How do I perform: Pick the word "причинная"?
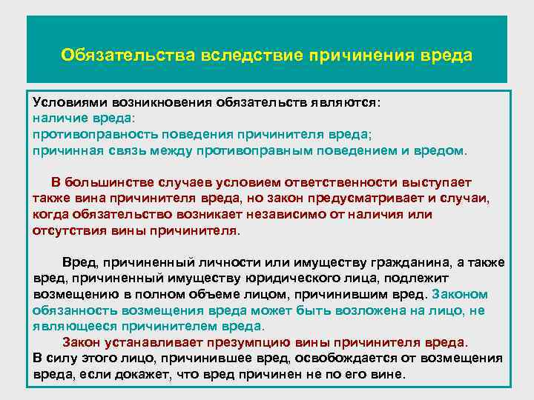click(x=63, y=150)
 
